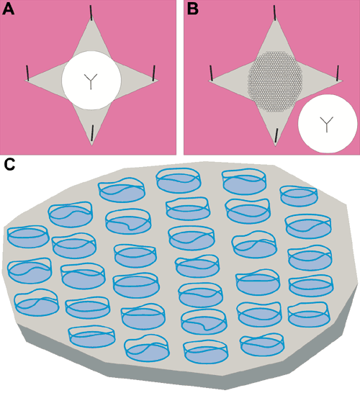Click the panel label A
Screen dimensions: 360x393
[x=8, y=9]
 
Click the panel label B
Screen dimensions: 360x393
[x=193, y=9]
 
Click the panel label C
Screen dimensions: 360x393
[x=9, y=164]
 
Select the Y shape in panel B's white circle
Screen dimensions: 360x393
[x=327, y=125]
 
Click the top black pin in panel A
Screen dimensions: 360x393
[x=91, y=13]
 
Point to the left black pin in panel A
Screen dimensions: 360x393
[x=27, y=73]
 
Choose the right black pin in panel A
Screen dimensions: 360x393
[x=154, y=73]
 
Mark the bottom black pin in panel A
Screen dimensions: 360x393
[x=92, y=133]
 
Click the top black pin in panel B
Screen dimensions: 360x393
[x=275, y=13]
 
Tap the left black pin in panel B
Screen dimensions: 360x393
[x=212, y=73]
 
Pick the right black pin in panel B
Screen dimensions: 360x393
[x=338, y=73]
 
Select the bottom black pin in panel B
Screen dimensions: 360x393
[x=276, y=135]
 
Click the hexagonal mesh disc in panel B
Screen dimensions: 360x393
[x=275, y=82]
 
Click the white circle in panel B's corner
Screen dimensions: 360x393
[x=328, y=124]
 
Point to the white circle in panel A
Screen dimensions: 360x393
[x=91, y=80]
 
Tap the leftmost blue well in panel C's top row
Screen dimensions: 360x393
[x=122, y=191]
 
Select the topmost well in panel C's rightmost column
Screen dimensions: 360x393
[x=299, y=196]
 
